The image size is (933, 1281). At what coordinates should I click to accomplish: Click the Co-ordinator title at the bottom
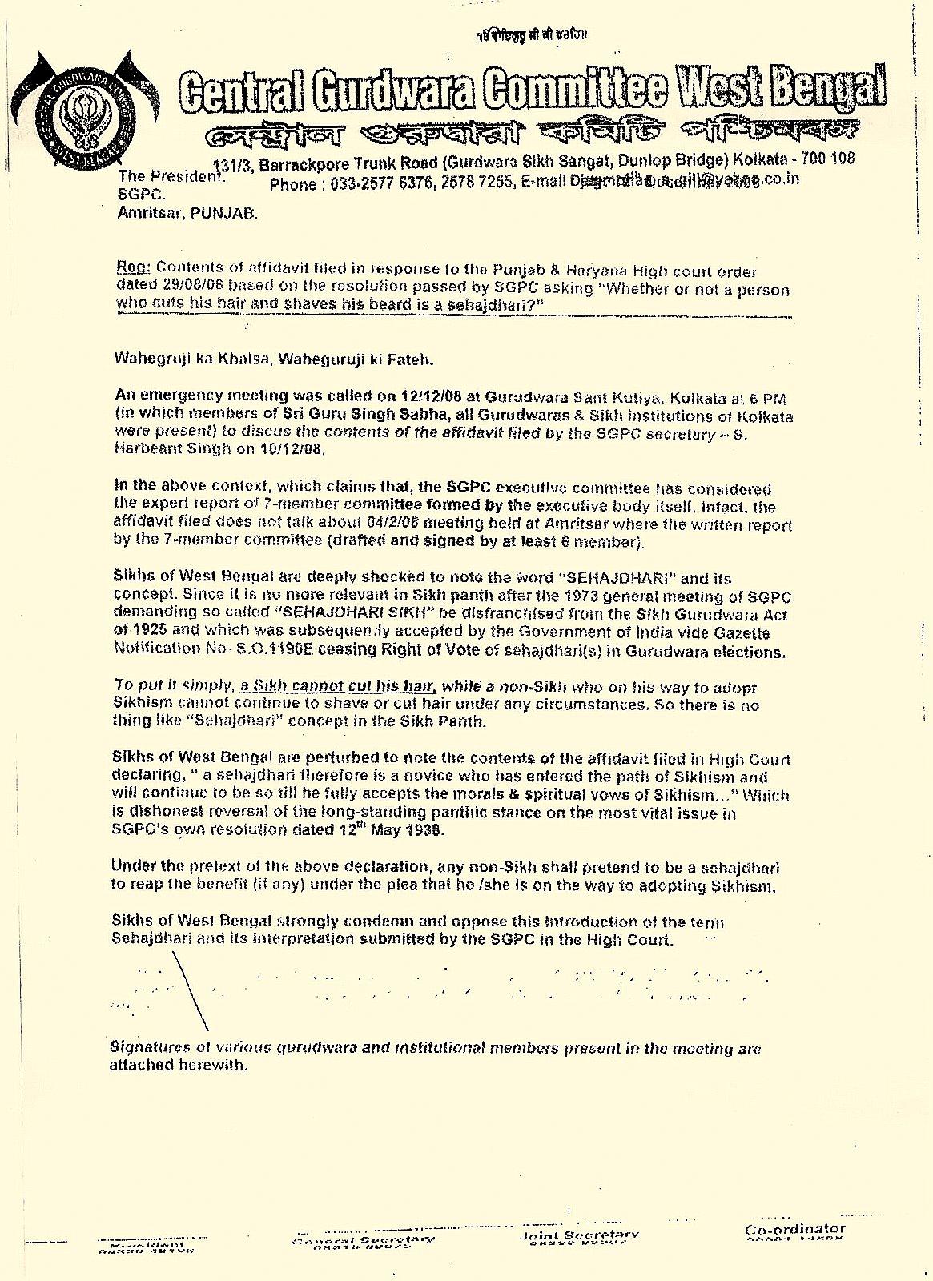[794, 1229]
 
